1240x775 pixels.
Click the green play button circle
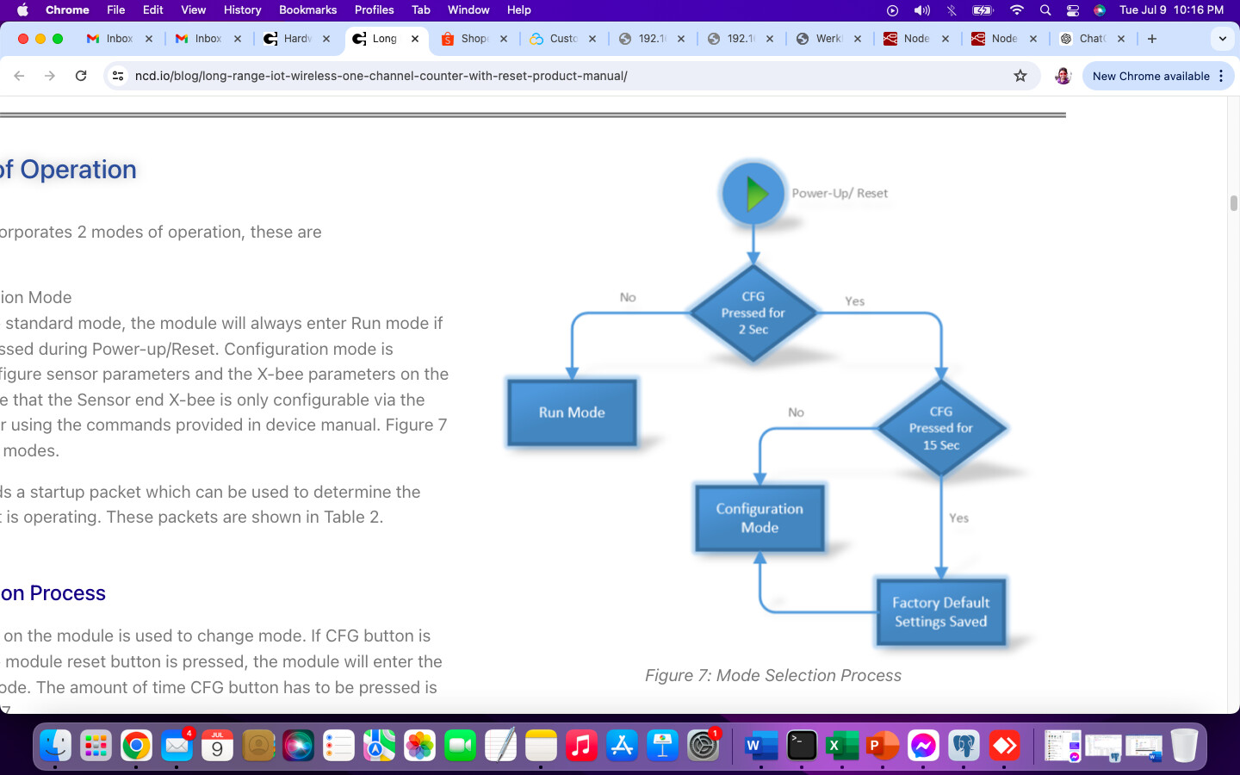pyautogui.click(x=753, y=194)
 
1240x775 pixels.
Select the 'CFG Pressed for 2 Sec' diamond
pyautogui.click(x=753, y=313)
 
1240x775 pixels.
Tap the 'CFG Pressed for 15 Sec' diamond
pyautogui.click(x=941, y=428)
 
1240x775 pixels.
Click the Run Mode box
pyautogui.click(x=572, y=412)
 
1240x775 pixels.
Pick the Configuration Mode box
pyautogui.click(x=759, y=518)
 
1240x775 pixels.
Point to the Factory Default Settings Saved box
pyautogui.click(x=941, y=612)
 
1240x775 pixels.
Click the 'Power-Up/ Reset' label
pyautogui.click(x=840, y=194)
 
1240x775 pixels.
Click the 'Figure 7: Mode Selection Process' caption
pyautogui.click(x=773, y=676)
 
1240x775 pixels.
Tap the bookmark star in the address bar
pyautogui.click(x=1020, y=76)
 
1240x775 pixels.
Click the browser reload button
pyautogui.click(x=81, y=76)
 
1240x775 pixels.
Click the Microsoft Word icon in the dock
pyautogui.click(x=760, y=746)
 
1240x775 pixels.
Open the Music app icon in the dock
pyautogui.click(x=581, y=746)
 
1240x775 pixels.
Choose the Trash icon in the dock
pyautogui.click(x=1184, y=746)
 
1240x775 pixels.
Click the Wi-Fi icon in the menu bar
pyautogui.click(x=1016, y=9)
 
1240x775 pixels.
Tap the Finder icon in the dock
pyautogui.click(x=55, y=746)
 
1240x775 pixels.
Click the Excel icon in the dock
pyautogui.click(x=841, y=746)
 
